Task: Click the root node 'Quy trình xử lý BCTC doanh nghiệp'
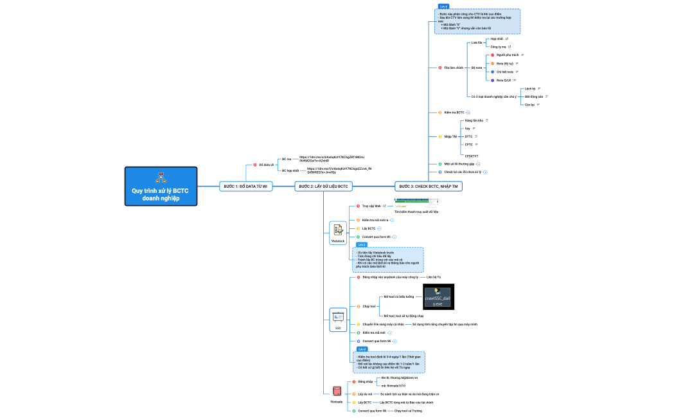coord(161,186)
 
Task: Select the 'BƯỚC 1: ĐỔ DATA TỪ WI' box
coord(245,186)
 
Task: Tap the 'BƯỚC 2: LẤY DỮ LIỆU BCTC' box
coord(323,186)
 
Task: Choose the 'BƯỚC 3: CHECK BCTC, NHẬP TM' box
coord(428,186)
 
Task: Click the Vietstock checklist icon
coord(338,230)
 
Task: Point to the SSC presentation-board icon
coord(338,316)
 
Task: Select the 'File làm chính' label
coord(454,67)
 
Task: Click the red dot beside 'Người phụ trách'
coord(492,55)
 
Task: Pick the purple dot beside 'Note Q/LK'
coord(492,80)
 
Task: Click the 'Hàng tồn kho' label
coord(474,120)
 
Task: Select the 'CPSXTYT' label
coord(472,156)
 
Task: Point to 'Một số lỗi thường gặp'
coord(459,164)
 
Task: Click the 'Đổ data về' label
coord(267,165)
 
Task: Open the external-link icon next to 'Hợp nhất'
coord(507,39)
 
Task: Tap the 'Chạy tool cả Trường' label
coord(408,410)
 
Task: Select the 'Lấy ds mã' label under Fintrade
coord(365,394)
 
